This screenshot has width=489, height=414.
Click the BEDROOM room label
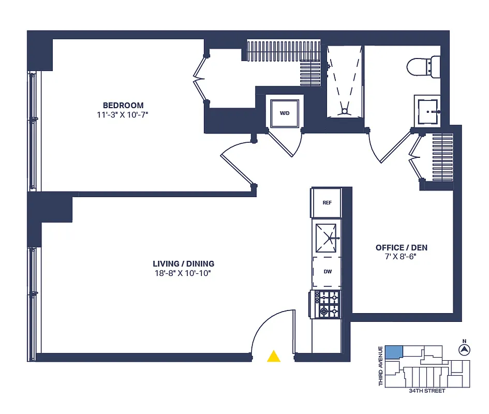(123, 105)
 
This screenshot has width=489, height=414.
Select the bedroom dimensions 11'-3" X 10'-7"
(123, 114)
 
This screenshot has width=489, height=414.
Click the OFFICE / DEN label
(402, 248)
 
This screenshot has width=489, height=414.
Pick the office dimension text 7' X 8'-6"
(402, 257)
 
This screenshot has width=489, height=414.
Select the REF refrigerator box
(327, 203)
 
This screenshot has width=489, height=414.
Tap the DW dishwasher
(327, 271)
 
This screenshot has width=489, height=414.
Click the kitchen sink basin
(327, 238)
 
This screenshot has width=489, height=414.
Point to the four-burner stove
(327, 304)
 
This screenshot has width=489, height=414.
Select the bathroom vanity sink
(427, 111)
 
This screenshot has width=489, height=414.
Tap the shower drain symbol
(344, 110)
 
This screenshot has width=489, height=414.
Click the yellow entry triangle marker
(274, 356)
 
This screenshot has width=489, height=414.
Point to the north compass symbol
(464, 350)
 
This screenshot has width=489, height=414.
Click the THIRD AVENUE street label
(381, 365)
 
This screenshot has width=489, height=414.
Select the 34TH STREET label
(426, 391)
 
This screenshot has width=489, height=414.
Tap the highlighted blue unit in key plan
(394, 352)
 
